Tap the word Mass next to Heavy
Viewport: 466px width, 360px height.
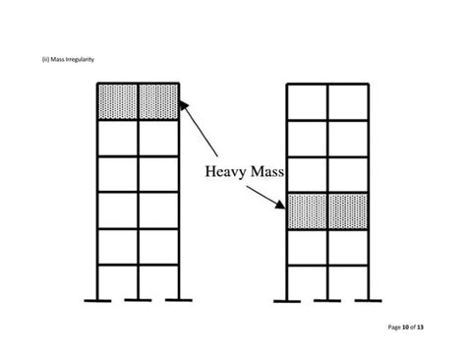266,173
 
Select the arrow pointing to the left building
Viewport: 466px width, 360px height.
201,132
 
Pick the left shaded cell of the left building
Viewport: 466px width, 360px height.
117,101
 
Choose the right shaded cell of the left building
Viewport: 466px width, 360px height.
158,101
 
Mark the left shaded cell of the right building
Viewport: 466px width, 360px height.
307,211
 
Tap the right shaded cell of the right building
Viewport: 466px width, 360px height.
348,211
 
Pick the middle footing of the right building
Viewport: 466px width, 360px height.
327,299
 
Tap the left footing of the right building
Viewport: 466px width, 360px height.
287,299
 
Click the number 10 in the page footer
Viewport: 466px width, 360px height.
404,327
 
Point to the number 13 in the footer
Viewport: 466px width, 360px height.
420,327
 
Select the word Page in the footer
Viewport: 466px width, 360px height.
391,327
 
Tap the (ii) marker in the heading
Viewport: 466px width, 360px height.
45,60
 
